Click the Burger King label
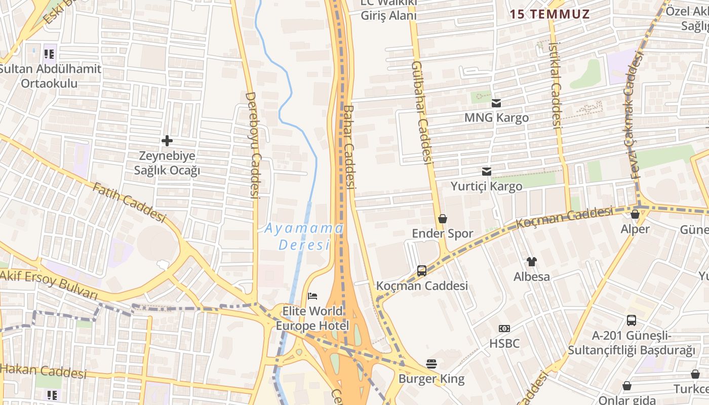click(431, 379)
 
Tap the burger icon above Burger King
click(431, 363)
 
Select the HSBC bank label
click(504, 343)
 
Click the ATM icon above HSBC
click(504, 329)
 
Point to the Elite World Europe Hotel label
click(312, 318)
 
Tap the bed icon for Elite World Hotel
click(312, 296)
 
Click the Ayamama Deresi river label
click(304, 236)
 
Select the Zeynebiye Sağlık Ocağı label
click(167, 163)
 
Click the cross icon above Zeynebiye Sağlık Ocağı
click(167, 140)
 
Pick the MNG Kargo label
click(496, 117)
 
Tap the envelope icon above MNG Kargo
click(496, 103)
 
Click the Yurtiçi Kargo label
click(486, 186)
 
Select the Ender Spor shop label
click(443, 233)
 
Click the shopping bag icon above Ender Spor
click(443, 219)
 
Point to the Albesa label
click(532, 276)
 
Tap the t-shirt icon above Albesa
click(532, 261)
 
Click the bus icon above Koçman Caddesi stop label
click(421, 271)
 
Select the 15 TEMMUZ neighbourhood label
click(549, 14)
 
